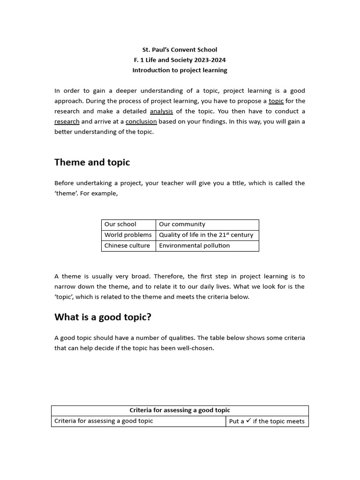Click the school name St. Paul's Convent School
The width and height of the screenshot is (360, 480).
click(180, 50)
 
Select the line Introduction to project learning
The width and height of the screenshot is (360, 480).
click(180, 70)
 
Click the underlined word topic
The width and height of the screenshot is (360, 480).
click(276, 101)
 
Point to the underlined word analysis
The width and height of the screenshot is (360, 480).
click(161, 112)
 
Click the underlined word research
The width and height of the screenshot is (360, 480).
click(67, 122)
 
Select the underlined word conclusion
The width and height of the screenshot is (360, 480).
click(141, 122)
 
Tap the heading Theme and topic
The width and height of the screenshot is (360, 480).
click(92, 163)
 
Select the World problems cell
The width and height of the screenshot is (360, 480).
click(128, 235)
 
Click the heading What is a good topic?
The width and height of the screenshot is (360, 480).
click(103, 317)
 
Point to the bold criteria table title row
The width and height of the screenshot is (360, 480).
click(180, 411)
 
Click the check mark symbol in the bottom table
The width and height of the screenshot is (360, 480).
click(248, 421)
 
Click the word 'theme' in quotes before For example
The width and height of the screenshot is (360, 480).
click(66, 194)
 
